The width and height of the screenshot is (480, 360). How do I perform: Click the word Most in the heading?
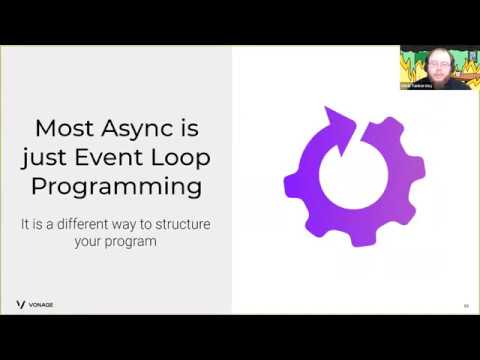click(x=63, y=129)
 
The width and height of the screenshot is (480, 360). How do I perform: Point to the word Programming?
click(x=116, y=187)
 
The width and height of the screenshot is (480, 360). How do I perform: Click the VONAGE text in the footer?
click(x=43, y=304)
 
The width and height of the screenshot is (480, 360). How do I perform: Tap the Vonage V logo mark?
click(x=21, y=304)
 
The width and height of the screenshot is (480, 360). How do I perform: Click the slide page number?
click(x=465, y=305)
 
